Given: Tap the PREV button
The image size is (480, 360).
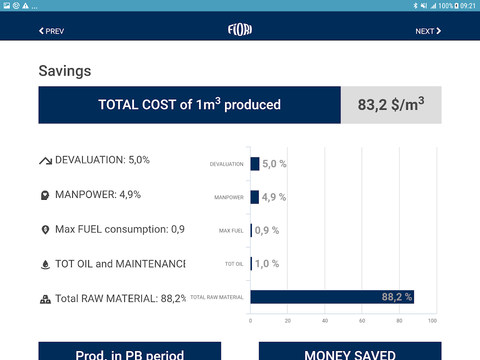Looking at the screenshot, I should point(51,31).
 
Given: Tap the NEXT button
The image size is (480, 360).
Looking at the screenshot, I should point(428,31).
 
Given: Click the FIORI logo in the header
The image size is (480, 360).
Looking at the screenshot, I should point(240,30).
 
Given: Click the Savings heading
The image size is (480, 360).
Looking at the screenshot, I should point(65,71).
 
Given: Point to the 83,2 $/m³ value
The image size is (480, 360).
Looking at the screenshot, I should point(391,104).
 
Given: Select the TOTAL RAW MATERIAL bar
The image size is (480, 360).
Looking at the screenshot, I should point(332,297).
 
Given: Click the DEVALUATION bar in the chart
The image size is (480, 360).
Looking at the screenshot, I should point(255,164).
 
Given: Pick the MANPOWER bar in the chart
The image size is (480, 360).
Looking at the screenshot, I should point(255,197).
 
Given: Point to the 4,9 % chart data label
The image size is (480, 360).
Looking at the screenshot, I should point(274,197).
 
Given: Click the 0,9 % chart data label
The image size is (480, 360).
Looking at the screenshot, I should point(267,230).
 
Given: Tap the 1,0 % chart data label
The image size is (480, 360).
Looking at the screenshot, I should point(267,264).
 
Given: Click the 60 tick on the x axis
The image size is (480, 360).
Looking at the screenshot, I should point(362,321).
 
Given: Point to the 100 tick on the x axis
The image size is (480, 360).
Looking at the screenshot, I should point(432,321).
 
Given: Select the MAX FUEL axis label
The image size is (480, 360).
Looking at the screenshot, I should point(231,231).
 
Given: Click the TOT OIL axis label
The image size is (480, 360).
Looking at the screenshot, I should point(234,264).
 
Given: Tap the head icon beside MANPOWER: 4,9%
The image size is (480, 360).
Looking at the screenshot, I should point(45,195).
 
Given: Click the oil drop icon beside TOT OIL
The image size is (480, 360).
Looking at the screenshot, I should point(45,265).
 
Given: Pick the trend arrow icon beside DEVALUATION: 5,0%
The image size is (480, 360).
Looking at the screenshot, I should point(45,161).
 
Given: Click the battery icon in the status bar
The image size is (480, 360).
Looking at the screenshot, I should point(457,6).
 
